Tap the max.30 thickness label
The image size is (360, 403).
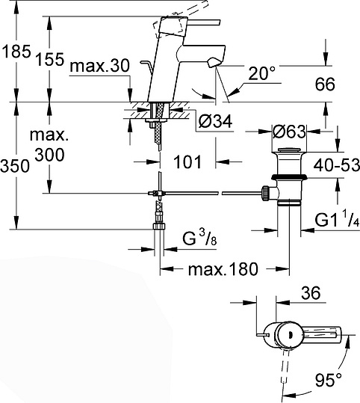point(100,68)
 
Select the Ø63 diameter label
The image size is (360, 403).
point(288,132)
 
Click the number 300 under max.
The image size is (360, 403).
point(49,155)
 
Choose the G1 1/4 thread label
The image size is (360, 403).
point(334,222)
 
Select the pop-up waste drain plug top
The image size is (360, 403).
point(288,152)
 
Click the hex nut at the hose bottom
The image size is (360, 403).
point(159,225)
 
